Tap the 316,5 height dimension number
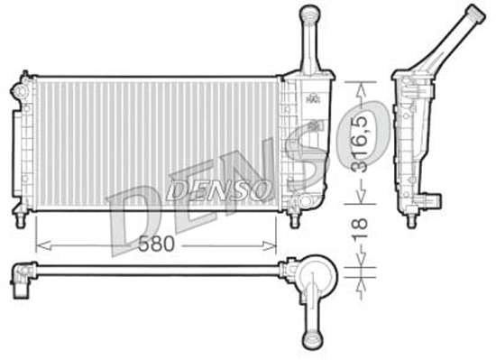click(361, 143)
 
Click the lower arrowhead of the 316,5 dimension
click(361, 200)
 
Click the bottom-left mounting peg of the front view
click(19, 217)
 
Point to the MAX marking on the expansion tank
click(312, 100)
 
